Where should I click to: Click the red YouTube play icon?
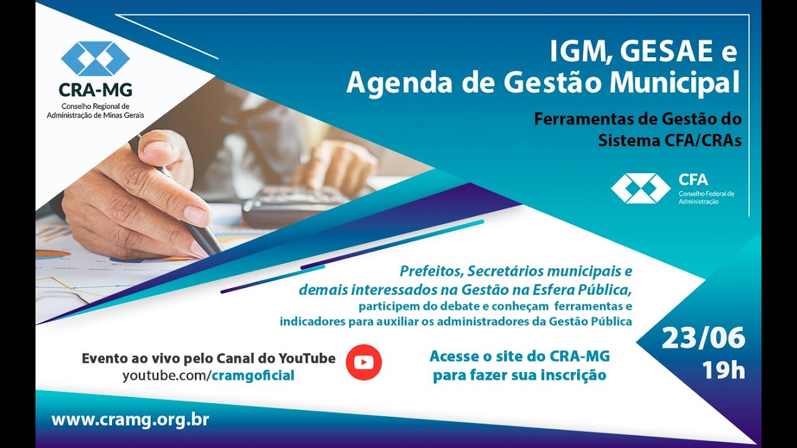364,362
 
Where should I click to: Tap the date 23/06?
703,338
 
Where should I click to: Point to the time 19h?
724,370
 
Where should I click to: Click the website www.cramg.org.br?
130,419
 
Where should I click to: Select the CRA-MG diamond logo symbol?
95,58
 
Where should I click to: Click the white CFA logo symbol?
641,188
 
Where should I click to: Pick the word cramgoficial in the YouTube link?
253,375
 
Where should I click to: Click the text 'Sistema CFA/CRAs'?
669,141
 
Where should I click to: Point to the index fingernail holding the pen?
196,215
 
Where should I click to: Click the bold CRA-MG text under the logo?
95,90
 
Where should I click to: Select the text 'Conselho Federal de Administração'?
706,197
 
